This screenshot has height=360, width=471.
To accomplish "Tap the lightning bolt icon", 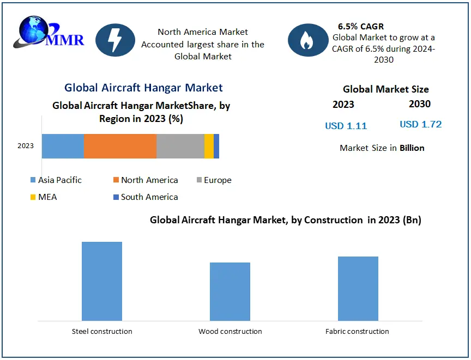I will (115, 40).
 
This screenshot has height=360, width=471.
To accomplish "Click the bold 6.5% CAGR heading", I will (361, 26).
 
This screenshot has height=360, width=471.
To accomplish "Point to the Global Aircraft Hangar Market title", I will (143, 88).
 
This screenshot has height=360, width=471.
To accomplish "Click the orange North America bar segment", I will (120, 146).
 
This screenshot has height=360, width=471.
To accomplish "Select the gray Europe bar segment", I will (180, 146).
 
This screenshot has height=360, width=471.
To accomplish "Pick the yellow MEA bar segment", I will (209, 146).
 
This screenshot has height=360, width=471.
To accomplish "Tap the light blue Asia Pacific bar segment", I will (63, 146).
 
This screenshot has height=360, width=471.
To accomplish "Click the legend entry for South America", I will (146, 197).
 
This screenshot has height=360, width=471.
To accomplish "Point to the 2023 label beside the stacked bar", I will (26, 146).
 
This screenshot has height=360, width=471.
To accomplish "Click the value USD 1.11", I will (346, 126).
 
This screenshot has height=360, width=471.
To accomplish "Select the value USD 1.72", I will (421, 124).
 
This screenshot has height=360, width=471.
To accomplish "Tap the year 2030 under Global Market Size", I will (420, 104).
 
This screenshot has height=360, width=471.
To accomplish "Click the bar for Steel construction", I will (102, 281).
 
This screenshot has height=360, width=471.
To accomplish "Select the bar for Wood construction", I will (230, 291).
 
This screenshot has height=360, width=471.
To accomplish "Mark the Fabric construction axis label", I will (358, 331).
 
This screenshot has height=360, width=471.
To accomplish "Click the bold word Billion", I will (412, 148).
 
